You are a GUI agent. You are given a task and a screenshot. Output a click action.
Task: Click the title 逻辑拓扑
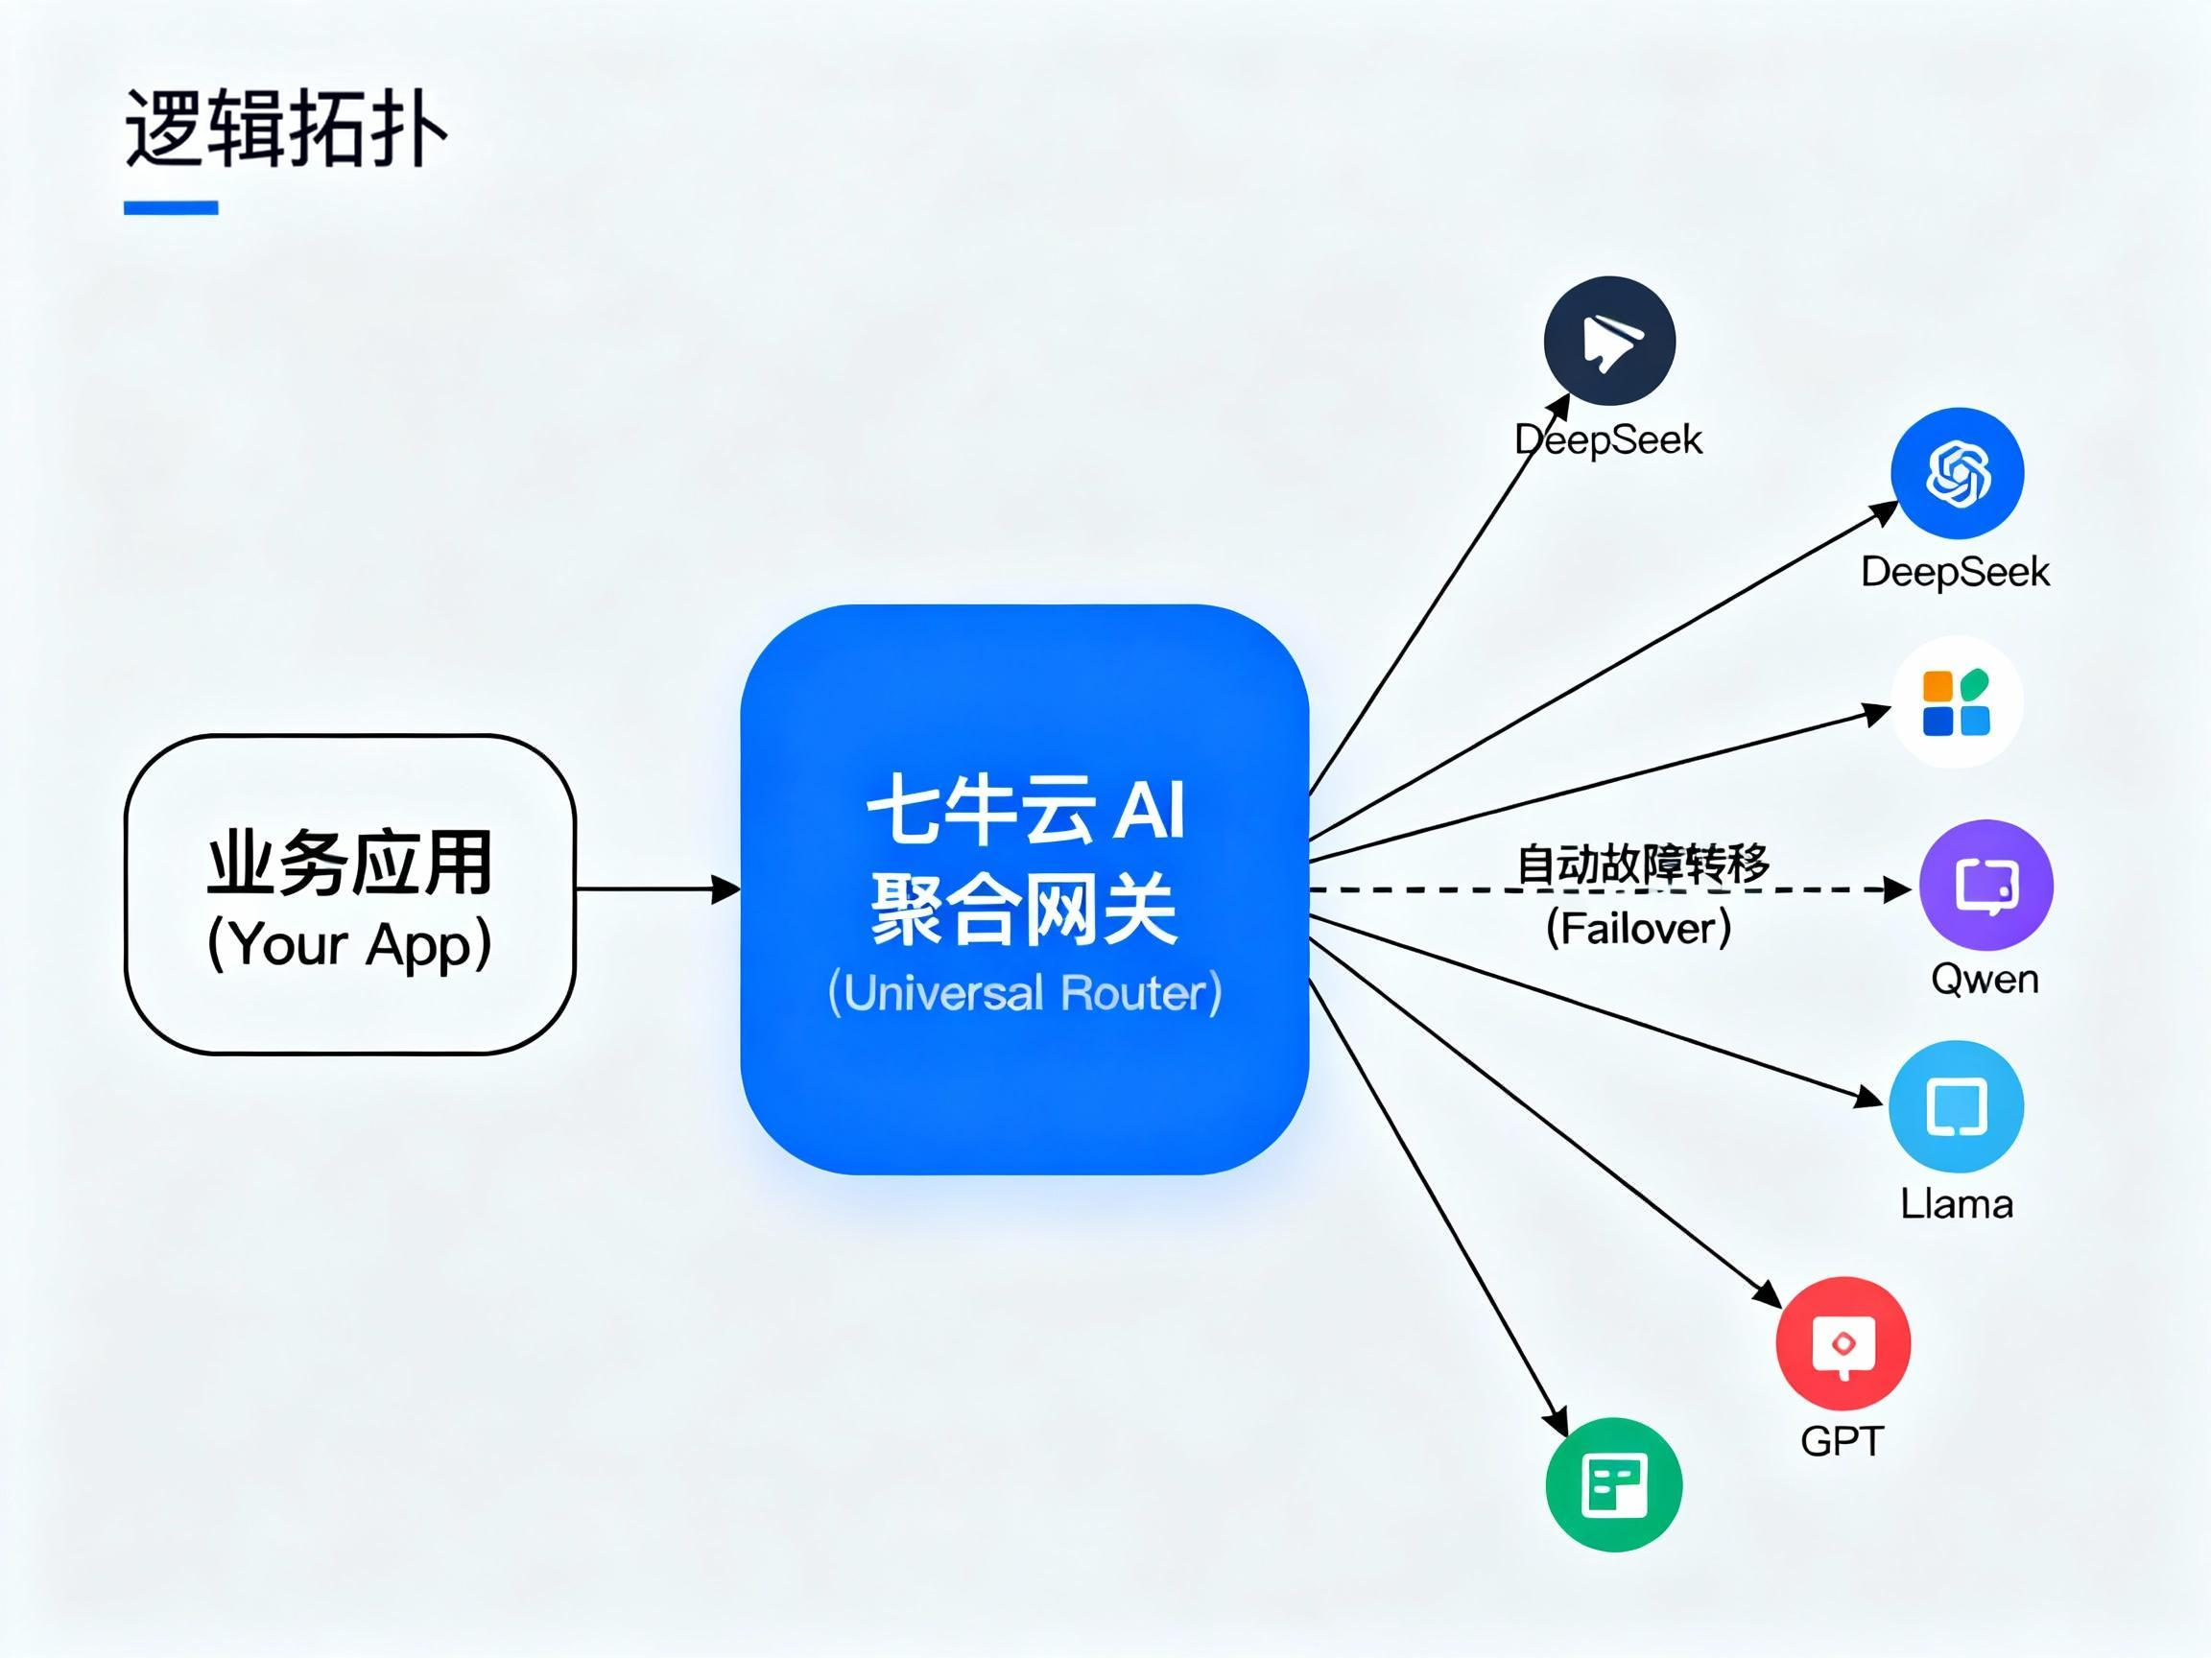click(285, 129)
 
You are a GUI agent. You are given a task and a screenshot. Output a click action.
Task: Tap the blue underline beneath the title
click(171, 208)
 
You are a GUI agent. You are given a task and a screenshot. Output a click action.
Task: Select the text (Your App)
click(349, 943)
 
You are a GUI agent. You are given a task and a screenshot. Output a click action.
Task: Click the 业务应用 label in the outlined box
click(349, 863)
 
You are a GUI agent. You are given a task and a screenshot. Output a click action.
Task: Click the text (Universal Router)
click(1025, 993)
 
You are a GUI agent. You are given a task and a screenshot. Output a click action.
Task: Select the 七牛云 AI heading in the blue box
click(1025, 810)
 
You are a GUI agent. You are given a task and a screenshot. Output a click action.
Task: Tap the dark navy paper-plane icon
click(1609, 342)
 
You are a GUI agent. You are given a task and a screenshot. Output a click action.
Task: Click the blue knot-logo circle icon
click(1957, 473)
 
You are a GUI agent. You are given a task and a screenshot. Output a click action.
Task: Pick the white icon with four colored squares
click(1956, 701)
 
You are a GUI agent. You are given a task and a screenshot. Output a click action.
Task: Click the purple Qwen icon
click(1986, 886)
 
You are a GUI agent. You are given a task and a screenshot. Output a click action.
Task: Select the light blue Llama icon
click(1956, 1106)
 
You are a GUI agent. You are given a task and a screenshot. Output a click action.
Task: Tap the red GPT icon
click(1843, 1343)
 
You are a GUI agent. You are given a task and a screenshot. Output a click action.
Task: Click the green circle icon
click(1613, 1485)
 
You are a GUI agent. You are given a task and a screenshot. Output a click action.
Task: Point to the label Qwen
click(1985, 980)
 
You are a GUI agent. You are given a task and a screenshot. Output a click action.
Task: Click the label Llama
click(1956, 1204)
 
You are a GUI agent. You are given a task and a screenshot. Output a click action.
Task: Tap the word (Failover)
click(1638, 929)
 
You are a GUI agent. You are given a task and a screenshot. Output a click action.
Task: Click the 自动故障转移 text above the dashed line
click(1642, 865)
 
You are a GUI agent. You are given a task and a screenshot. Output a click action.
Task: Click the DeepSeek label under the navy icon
click(1608, 439)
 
